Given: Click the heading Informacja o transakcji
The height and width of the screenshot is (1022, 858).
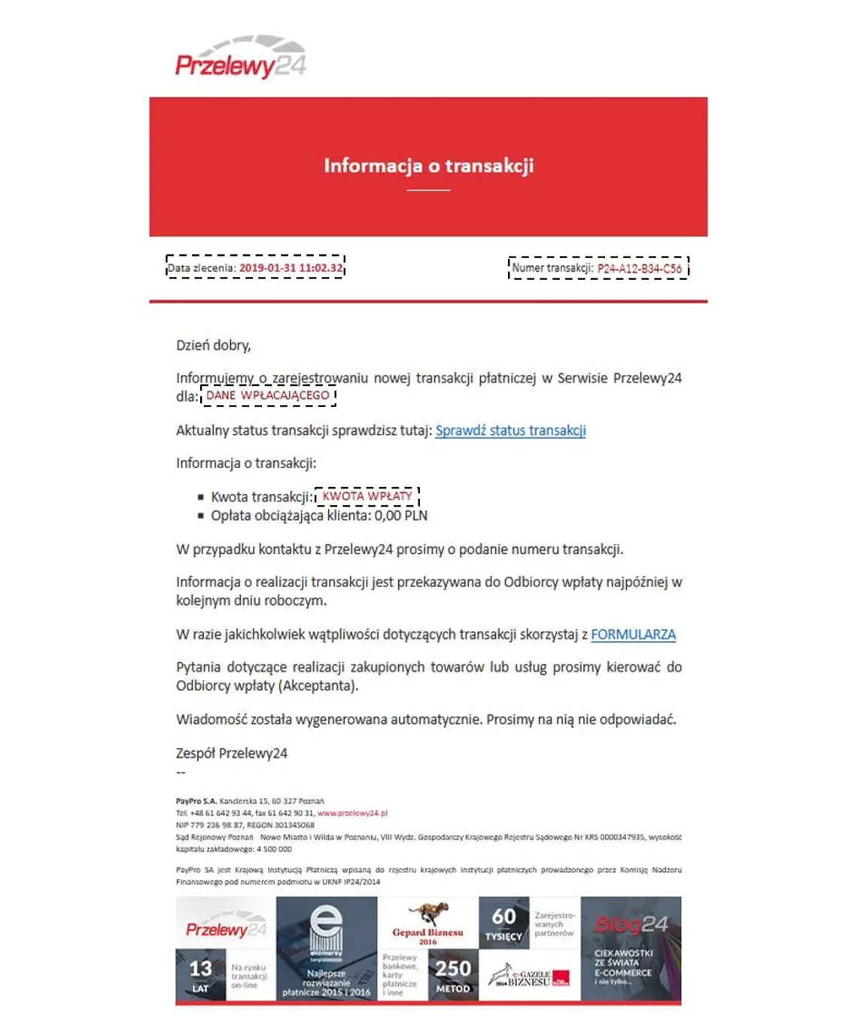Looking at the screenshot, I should pos(428,166).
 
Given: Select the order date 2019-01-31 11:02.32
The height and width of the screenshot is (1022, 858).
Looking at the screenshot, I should pos(291,268).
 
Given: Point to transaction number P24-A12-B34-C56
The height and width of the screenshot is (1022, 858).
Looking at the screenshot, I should pos(639,269).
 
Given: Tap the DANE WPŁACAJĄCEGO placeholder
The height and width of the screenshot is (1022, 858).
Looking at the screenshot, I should pos(268,395).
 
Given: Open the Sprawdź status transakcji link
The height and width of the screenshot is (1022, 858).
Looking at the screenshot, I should pos(510,430).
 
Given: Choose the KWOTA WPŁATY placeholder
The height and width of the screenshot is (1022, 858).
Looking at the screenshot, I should pos(367,496).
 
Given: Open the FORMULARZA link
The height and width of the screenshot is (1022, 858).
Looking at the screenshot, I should pos(633,634).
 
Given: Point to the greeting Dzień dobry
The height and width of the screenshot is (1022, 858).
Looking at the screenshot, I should pos(213,345).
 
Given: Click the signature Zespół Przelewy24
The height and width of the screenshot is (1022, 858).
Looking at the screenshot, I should pos(232,753).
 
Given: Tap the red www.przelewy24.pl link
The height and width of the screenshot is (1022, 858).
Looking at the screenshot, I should pos(352,814).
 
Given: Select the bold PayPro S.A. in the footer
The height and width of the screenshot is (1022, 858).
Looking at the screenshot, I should pos(196,801).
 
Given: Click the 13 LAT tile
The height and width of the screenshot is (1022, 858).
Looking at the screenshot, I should pos(200,975).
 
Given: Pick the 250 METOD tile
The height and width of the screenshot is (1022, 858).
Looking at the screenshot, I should pos(453,975).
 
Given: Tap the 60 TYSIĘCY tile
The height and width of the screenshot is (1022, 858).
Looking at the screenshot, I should pos(504,923).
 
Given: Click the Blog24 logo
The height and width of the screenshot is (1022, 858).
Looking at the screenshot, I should pos(631,924).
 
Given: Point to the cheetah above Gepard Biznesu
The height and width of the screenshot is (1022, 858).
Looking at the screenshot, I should pos(429,913).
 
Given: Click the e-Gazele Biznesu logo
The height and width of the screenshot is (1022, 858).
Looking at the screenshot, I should pos(529,978).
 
